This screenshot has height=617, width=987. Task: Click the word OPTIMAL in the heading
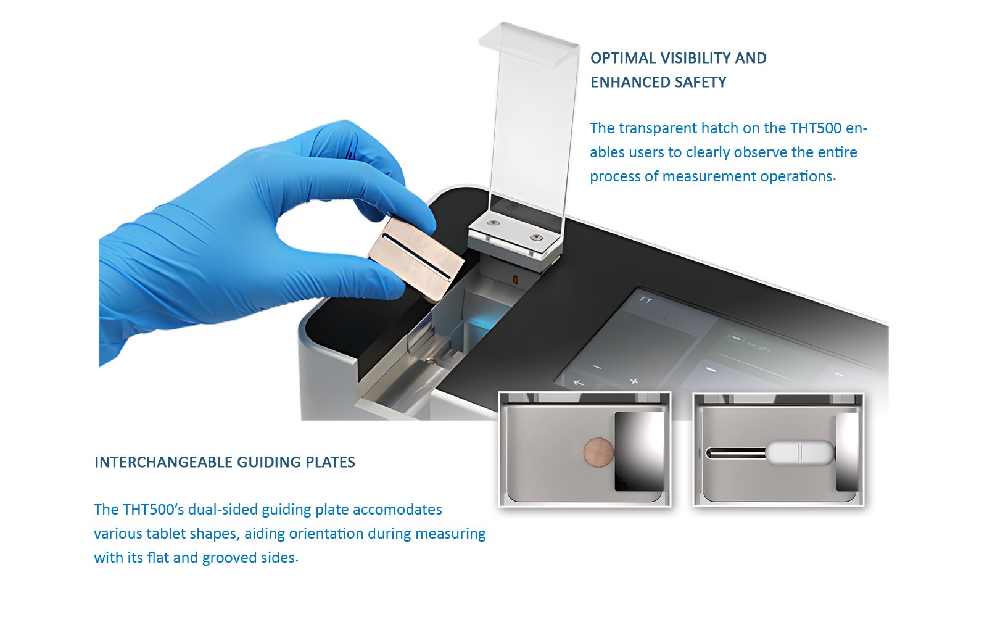pos(620,58)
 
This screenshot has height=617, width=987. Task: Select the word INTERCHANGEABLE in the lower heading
pos(163,462)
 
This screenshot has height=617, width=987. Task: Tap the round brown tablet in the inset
pos(598,452)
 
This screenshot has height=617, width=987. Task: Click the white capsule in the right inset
pos(800,453)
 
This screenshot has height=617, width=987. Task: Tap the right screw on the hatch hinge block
pos(536,238)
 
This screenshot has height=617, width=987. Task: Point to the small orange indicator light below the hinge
pos(515,280)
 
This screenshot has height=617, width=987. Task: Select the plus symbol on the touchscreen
pos(634,381)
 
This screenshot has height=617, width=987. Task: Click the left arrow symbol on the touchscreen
pos(579,383)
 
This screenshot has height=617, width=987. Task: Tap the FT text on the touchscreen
pos(646,300)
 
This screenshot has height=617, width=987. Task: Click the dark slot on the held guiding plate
pos(417,257)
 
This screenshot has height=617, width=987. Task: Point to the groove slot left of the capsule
pos(737,453)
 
